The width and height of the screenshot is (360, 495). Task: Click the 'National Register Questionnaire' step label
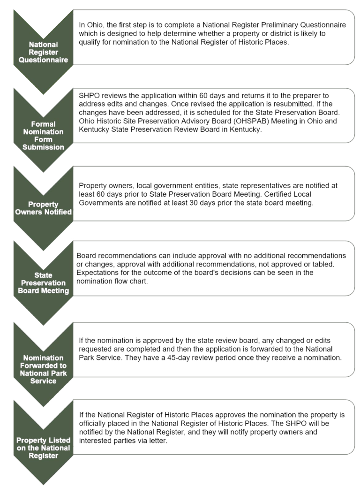click(x=43, y=53)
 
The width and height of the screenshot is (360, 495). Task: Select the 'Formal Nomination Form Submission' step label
click(x=43, y=136)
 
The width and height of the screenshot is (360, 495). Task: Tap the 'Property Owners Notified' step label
click(x=43, y=208)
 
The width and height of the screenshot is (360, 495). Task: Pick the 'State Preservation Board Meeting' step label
click(x=43, y=283)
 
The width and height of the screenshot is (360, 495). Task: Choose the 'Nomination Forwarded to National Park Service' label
click(x=43, y=369)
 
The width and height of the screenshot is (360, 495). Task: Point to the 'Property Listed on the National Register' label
click(x=43, y=448)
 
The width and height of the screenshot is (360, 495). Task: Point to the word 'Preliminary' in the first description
click(x=279, y=25)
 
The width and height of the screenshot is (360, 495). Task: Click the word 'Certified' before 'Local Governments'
click(x=278, y=194)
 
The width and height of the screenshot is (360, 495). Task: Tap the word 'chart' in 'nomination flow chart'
click(x=140, y=281)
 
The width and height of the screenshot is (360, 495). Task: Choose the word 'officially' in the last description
click(x=93, y=424)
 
